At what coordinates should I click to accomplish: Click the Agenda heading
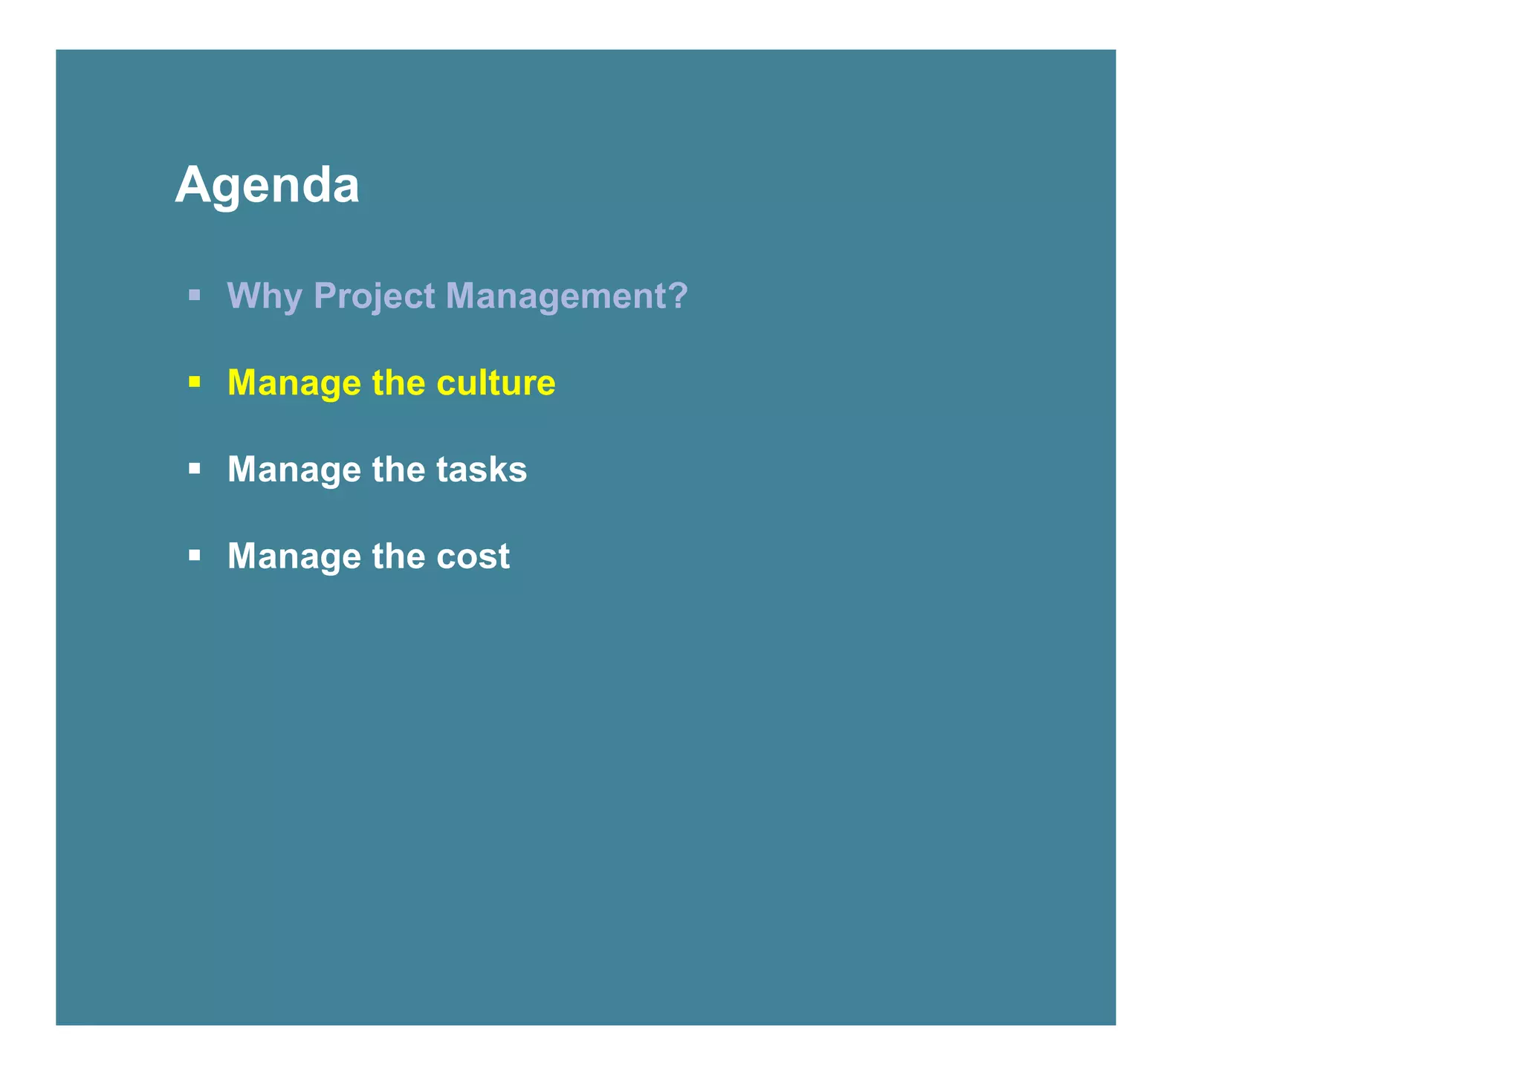coord(267,185)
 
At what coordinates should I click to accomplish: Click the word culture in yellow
coord(496,383)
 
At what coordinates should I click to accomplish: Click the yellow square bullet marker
coord(195,382)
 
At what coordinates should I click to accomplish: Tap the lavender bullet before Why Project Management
coord(195,295)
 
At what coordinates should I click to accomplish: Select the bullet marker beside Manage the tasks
coord(195,469)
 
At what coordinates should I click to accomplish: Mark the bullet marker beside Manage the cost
coord(195,555)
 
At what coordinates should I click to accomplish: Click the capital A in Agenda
coord(192,184)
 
